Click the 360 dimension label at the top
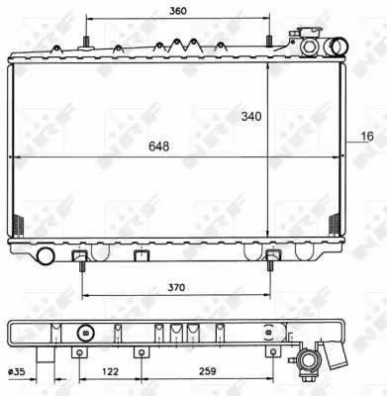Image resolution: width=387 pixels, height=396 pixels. click(178, 11)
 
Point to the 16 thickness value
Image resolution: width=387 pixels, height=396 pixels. click(367, 137)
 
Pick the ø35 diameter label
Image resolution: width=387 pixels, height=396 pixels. click(17, 373)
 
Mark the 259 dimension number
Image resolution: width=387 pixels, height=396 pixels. click(206, 373)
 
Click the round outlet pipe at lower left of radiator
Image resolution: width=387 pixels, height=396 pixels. click(44, 257)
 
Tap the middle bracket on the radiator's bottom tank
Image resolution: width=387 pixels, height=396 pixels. click(139, 258)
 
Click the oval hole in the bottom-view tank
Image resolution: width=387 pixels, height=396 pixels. click(85, 334)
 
